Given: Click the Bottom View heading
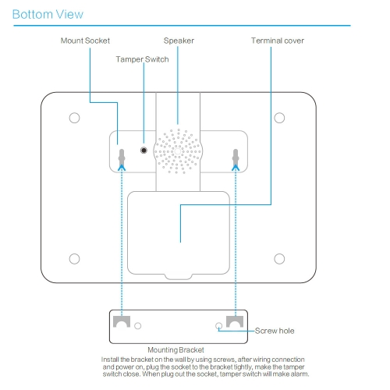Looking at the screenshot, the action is click(x=48, y=14).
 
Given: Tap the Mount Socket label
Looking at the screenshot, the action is click(x=85, y=41).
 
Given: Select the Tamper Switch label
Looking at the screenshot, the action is click(x=142, y=59).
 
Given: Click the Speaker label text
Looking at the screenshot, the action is click(x=179, y=41).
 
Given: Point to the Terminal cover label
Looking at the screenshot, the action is click(x=278, y=41).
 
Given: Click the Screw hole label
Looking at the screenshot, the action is click(x=275, y=331).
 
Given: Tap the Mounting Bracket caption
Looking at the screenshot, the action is click(x=175, y=349).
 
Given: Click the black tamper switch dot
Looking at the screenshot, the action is click(x=144, y=151).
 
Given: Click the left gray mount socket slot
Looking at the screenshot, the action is click(x=122, y=158).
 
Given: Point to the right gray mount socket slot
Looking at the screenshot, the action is click(x=236, y=158).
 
